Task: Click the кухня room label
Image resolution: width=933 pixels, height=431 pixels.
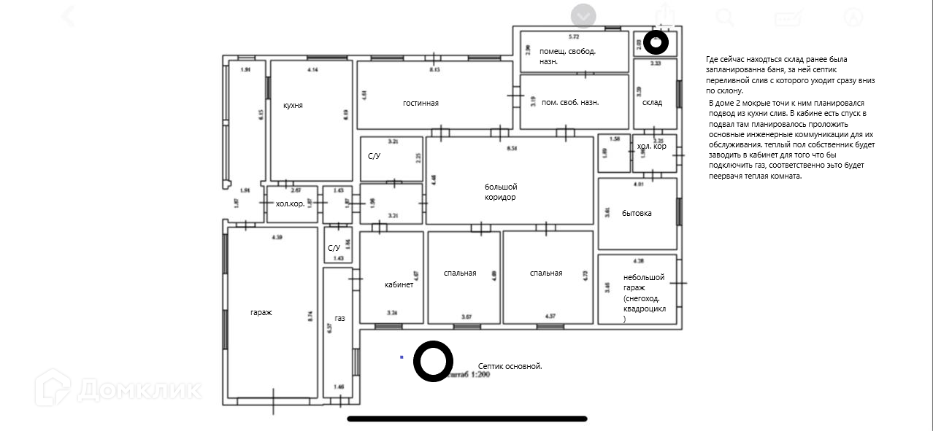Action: (293, 105)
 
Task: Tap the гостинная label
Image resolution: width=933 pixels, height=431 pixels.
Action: (421, 103)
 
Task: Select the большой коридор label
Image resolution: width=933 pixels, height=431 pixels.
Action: (501, 193)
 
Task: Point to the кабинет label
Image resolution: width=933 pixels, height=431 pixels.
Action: (399, 284)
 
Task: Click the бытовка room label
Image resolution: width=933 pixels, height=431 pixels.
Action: (637, 213)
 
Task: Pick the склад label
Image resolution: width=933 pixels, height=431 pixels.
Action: (652, 102)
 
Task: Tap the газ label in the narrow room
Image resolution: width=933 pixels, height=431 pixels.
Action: (339, 319)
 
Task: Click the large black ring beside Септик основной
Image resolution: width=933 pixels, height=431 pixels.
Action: (433, 361)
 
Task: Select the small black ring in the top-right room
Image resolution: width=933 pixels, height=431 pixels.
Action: (656, 43)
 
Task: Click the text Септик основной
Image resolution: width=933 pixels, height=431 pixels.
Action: (510, 366)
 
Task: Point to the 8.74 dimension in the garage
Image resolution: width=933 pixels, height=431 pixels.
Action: (310, 316)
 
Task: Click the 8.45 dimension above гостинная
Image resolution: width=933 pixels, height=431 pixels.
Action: (434, 69)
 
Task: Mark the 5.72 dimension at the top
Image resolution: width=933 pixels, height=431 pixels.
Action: (574, 36)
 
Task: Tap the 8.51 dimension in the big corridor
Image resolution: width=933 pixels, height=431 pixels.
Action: (512, 147)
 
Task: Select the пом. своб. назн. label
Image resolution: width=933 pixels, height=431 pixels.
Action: (570, 102)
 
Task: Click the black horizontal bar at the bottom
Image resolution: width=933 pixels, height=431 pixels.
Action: (467, 419)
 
